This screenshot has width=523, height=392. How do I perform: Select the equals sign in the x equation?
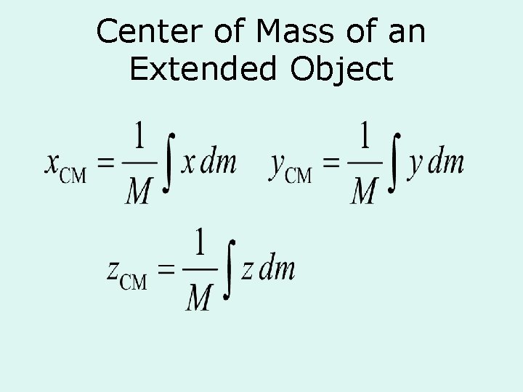click(x=106, y=165)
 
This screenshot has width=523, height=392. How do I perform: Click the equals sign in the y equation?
click(x=332, y=165)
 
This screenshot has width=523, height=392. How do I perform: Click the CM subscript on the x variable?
click(x=73, y=176)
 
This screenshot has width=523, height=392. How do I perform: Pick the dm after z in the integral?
click(x=277, y=269)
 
